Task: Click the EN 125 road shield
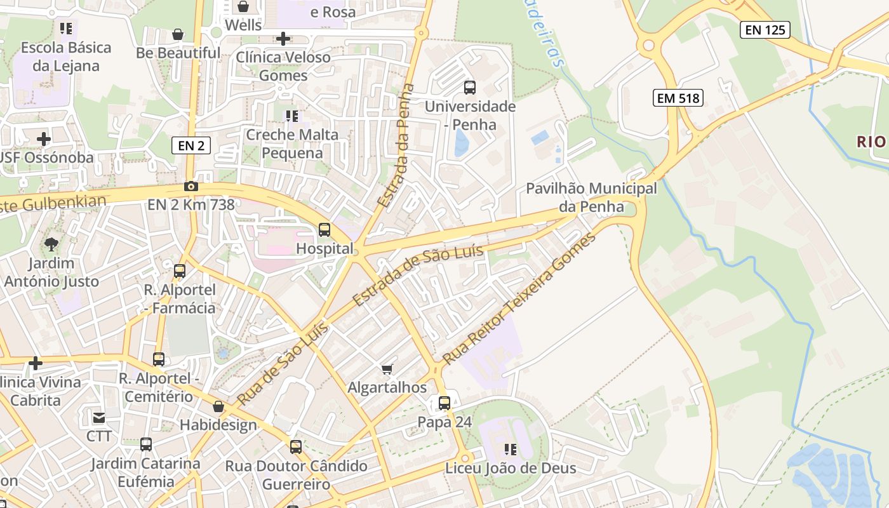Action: pos(765,29)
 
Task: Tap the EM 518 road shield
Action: pos(678,98)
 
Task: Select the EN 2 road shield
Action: pos(191,145)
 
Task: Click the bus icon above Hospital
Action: pos(324,229)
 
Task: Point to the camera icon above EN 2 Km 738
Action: pos(190,186)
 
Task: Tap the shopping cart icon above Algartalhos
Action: pos(387,369)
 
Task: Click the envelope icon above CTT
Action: pos(99,417)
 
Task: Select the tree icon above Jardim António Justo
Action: pos(51,243)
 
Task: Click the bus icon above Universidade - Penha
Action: pos(470,87)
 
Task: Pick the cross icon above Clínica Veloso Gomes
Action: pos(283,39)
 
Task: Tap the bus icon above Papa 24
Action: pos(444,403)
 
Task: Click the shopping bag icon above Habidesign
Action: pos(218,406)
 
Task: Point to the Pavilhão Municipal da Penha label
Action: pos(591,197)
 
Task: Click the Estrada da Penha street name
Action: pos(396,145)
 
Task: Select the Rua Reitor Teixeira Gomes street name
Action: pos(519,298)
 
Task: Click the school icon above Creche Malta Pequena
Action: pos(292,116)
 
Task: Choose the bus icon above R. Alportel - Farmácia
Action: pos(180,271)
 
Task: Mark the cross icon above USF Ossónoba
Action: pos(44,138)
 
